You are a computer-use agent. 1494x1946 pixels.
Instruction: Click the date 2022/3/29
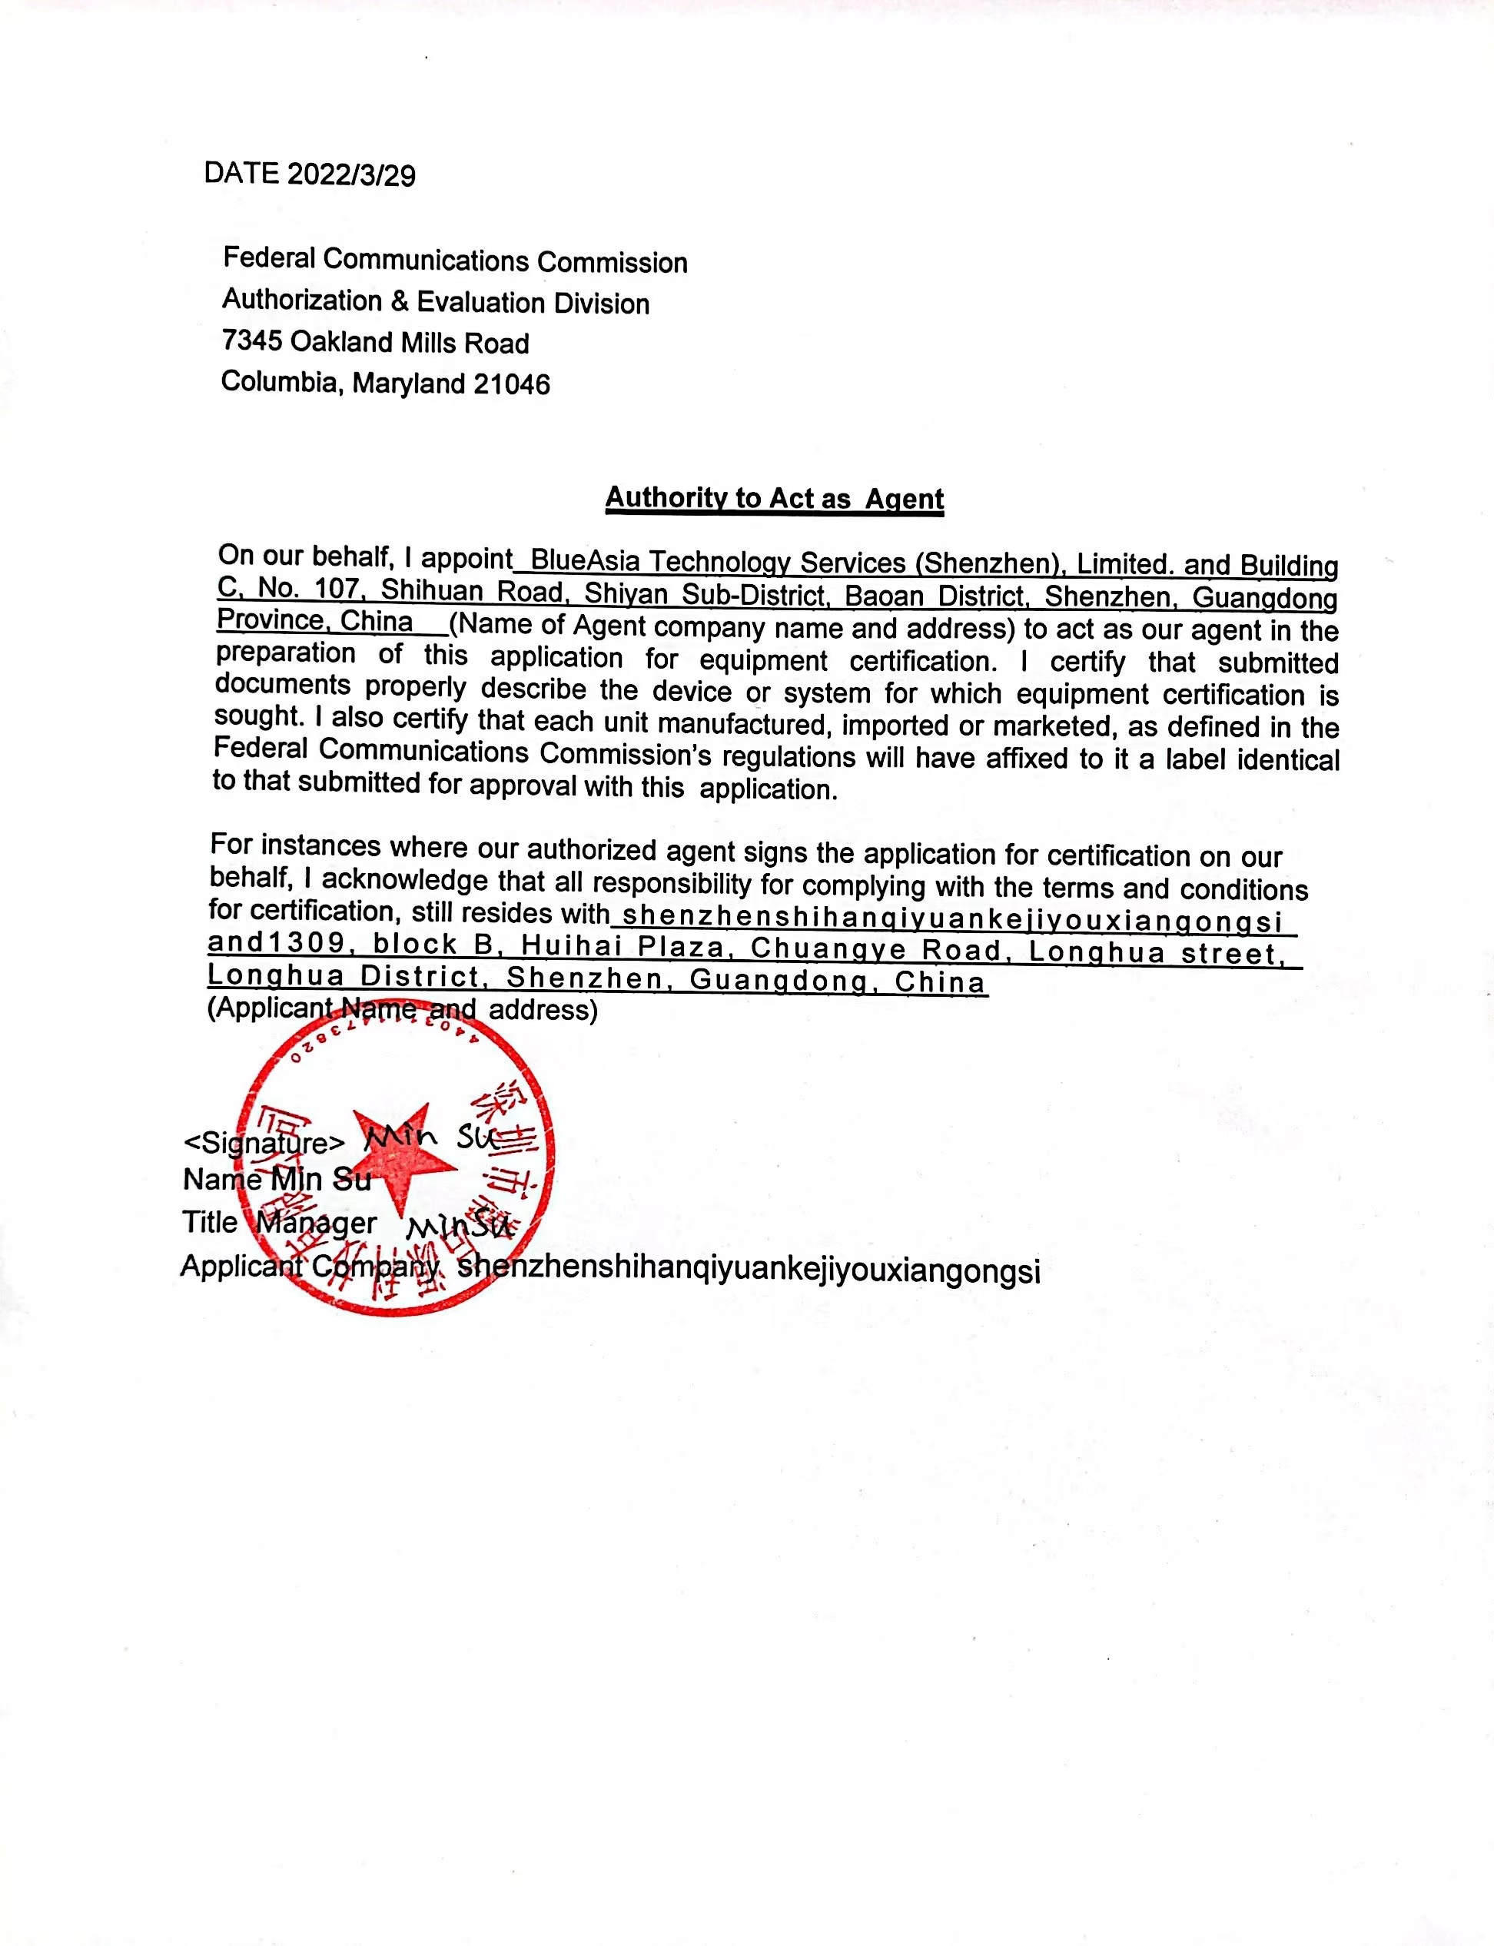coord(351,175)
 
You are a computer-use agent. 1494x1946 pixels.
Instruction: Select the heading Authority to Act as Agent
coord(774,498)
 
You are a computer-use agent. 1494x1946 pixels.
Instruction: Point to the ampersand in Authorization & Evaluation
coord(400,301)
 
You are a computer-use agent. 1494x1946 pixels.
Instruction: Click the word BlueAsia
coord(584,561)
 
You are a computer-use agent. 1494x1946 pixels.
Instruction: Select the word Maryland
coord(408,384)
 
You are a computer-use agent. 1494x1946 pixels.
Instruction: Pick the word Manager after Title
coord(317,1224)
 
